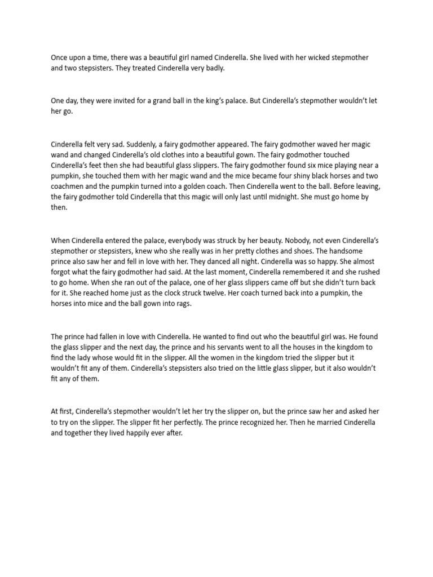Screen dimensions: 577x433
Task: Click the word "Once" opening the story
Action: (60, 58)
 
